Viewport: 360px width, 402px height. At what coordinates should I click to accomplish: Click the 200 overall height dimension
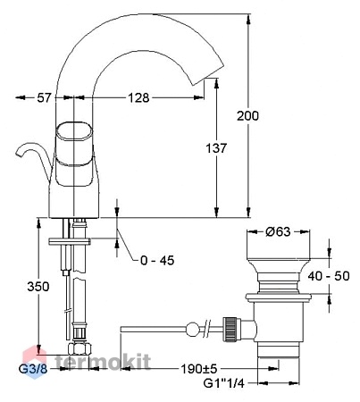click(247, 116)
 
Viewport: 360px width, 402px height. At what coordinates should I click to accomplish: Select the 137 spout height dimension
click(216, 148)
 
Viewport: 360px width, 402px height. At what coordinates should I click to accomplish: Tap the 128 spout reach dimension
click(138, 97)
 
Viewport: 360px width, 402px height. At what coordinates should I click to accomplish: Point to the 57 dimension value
click(45, 97)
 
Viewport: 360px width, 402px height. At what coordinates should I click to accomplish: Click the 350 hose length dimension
click(38, 287)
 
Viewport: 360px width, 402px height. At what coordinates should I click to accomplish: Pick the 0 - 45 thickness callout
click(157, 261)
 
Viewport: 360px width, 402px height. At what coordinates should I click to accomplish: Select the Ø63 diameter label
click(278, 231)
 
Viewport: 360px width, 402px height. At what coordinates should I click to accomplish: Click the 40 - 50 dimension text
click(329, 276)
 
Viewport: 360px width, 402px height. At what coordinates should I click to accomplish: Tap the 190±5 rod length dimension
click(199, 369)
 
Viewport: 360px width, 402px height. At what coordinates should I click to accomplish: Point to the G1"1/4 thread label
click(223, 383)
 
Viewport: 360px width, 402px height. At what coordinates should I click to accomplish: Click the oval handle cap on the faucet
click(74, 131)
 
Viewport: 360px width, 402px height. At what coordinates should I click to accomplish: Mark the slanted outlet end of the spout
click(208, 74)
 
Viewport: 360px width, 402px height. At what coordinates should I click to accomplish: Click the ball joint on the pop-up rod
click(192, 330)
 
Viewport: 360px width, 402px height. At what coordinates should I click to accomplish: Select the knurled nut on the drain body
click(231, 329)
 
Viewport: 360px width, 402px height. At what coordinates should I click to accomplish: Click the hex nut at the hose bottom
click(80, 348)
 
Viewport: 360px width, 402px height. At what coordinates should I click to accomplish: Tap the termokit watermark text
click(103, 362)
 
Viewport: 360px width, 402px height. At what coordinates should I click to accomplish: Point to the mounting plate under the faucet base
click(70, 241)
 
